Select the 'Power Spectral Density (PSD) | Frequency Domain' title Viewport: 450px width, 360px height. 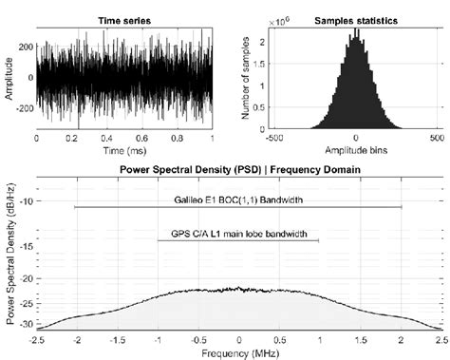tap(238, 170)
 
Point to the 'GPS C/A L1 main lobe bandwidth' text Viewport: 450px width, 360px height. tap(237, 231)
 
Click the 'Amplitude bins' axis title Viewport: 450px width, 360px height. tap(355, 150)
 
